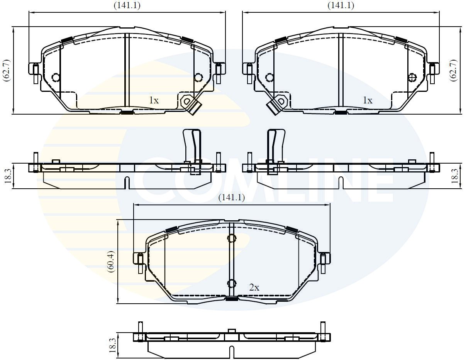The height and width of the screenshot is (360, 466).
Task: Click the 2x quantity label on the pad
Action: coord(254,287)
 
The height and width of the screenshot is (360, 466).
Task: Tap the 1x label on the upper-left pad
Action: coord(154,100)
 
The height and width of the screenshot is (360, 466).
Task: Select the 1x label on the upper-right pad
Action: coord(368,100)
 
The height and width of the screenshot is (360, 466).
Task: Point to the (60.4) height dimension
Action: coord(111,262)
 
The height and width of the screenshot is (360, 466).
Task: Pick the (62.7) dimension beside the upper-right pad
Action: coord(454,70)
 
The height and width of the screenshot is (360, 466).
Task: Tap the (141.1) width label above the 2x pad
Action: coord(232,198)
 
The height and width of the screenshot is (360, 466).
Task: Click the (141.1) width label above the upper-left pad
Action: coord(127,5)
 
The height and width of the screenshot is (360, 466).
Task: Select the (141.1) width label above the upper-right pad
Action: coord(341,5)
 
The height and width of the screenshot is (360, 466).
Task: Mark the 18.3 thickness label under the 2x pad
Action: coord(112,345)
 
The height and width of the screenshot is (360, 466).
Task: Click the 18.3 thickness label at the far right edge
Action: coord(454,176)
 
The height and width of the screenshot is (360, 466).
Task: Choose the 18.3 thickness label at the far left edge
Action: coord(7,176)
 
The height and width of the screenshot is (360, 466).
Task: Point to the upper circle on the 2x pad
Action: coord(231,238)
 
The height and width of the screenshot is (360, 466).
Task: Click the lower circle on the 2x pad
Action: coord(231,284)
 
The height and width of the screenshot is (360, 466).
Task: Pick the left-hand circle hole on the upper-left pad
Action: coord(55,78)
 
